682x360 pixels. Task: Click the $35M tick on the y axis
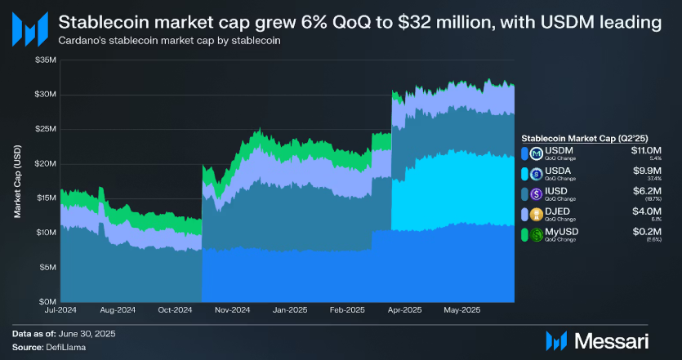[46, 60]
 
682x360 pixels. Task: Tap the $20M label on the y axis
[46, 163]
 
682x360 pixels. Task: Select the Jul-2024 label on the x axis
[61, 311]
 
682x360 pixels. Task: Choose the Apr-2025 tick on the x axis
[404, 311]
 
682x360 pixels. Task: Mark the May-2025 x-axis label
[461, 311]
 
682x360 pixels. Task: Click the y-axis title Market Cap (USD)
[17, 180]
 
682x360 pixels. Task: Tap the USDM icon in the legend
[536, 153]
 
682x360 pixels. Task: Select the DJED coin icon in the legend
[536, 216]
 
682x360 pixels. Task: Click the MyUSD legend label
[560, 233]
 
